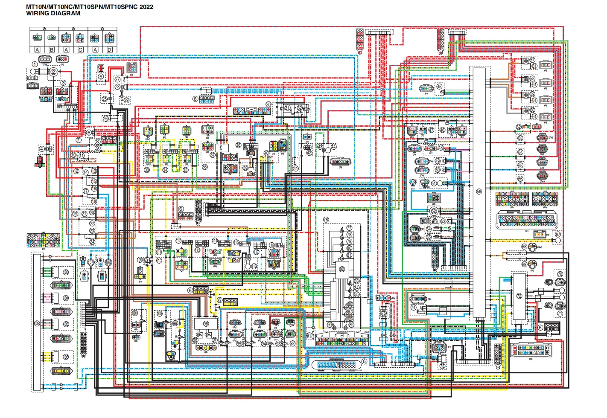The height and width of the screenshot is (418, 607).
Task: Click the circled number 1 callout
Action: [34, 64]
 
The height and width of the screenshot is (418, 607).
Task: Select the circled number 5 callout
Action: [101, 76]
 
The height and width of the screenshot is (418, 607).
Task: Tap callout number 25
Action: [105, 99]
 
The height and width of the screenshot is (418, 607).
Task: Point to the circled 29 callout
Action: [126, 100]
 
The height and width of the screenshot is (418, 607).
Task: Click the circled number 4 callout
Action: [42, 148]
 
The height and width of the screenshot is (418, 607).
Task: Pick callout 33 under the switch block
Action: [147, 170]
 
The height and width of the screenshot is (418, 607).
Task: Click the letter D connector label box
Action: [109, 50]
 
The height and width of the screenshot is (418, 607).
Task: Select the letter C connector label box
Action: [80, 50]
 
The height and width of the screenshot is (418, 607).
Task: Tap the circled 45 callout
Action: [439, 87]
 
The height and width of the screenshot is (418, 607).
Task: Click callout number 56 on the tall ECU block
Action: [479, 192]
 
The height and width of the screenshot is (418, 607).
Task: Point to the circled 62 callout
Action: [519, 127]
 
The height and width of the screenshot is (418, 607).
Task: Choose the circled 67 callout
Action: [557, 235]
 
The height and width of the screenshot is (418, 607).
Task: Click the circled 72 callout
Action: [519, 296]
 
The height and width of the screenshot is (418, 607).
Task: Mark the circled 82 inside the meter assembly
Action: [342, 269]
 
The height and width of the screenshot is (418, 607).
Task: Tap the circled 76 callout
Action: [326, 220]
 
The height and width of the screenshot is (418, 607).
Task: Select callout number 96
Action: [206, 324]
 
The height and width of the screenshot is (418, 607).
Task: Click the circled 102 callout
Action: [37, 324]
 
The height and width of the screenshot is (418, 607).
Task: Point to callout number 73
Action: [442, 366]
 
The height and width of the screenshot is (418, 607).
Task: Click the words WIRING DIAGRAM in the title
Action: [53, 13]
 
